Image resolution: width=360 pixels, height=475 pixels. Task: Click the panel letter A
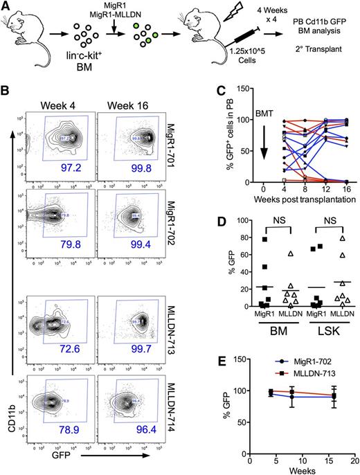tap(6, 7)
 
